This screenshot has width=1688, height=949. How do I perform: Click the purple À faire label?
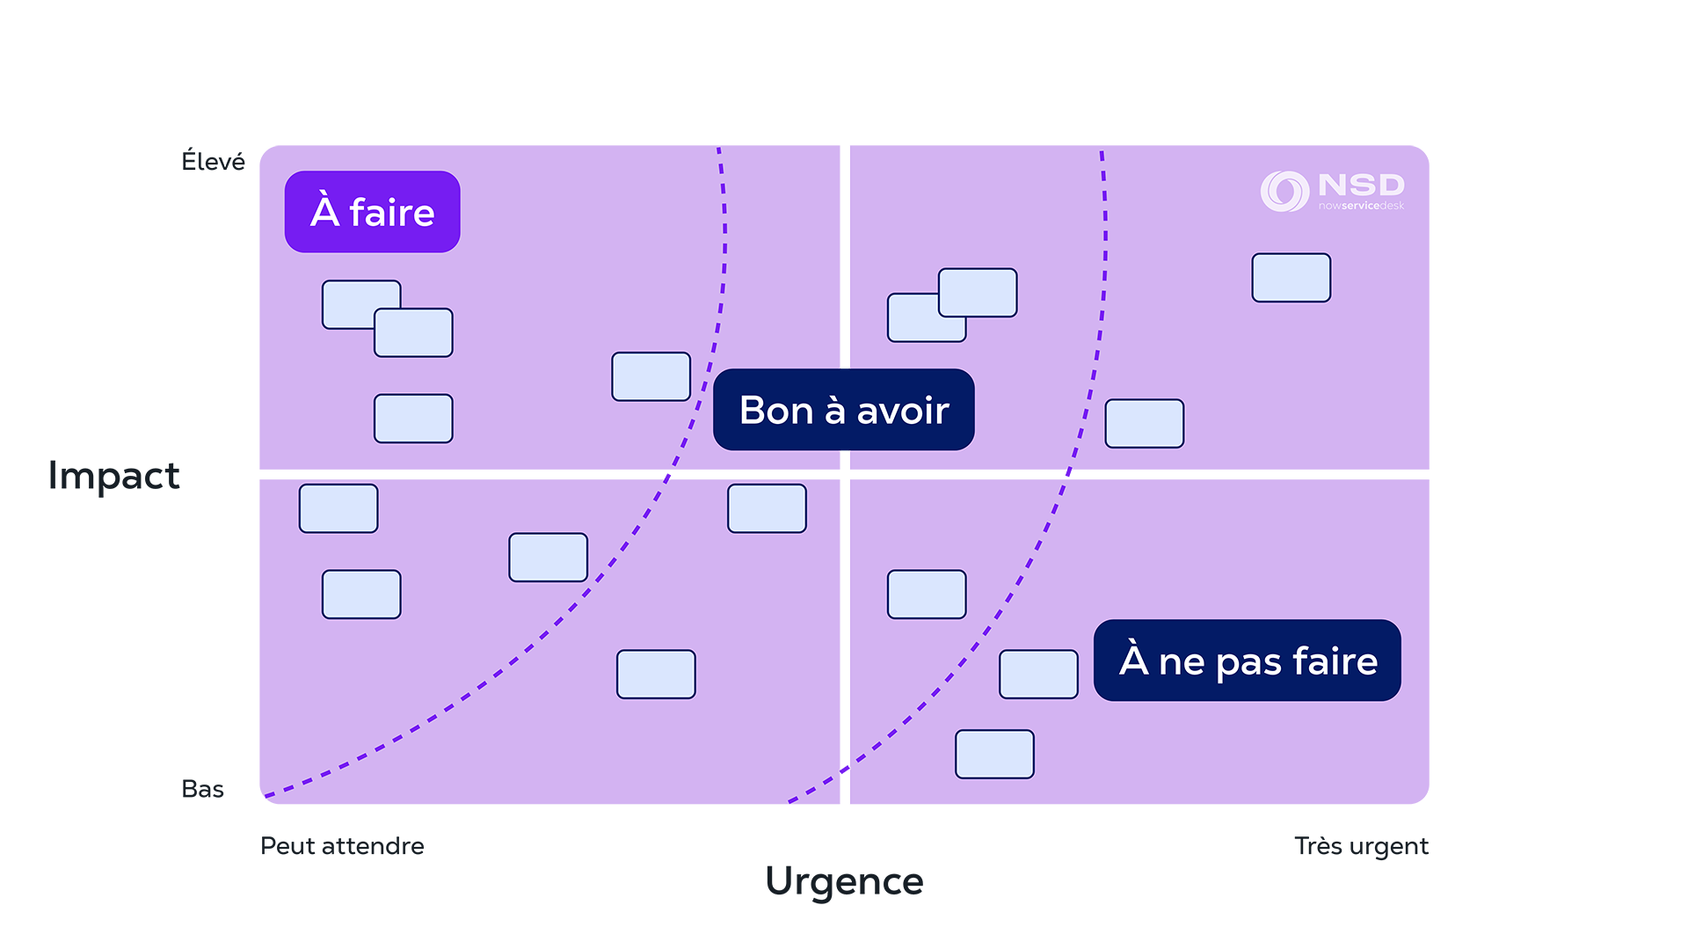coord(372,212)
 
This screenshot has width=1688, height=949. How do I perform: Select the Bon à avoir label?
coord(843,410)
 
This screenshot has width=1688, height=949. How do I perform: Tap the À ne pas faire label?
coord(1247,661)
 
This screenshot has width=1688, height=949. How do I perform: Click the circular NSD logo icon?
coord(1284,191)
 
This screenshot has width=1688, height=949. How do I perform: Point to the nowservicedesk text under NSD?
coord(1361,206)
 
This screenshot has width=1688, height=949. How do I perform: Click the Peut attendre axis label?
coord(343,841)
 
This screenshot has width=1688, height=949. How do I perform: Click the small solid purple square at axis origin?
coord(254,807)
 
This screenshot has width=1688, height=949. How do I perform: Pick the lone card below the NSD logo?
coord(1291,278)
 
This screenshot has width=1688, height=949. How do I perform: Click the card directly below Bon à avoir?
coord(767,508)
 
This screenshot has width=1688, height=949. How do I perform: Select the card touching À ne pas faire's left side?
coord(1038,675)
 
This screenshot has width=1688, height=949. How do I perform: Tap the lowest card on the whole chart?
coord(994,755)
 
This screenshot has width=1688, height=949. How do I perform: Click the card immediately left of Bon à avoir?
coord(651,376)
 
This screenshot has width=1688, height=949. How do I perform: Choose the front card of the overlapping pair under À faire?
coord(413,333)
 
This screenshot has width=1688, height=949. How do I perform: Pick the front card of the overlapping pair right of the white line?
coord(978,293)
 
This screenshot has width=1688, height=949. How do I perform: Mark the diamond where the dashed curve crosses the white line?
coord(845,770)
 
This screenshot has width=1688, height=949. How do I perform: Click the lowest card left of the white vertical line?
coord(656,675)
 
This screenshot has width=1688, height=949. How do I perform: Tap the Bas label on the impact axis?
coord(207,789)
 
